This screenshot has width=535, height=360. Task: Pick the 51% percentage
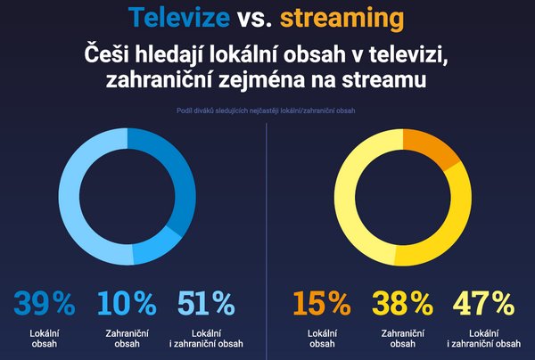click(207, 305)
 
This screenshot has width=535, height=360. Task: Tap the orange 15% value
click(323, 305)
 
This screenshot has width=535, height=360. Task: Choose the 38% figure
click(402, 305)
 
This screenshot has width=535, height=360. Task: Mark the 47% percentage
click(484, 305)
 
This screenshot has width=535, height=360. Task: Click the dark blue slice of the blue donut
click(176, 178)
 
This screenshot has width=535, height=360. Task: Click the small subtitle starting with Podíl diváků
click(267, 112)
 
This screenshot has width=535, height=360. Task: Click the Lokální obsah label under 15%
click(323, 339)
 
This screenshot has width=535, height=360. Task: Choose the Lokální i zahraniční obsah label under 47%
click(485, 339)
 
